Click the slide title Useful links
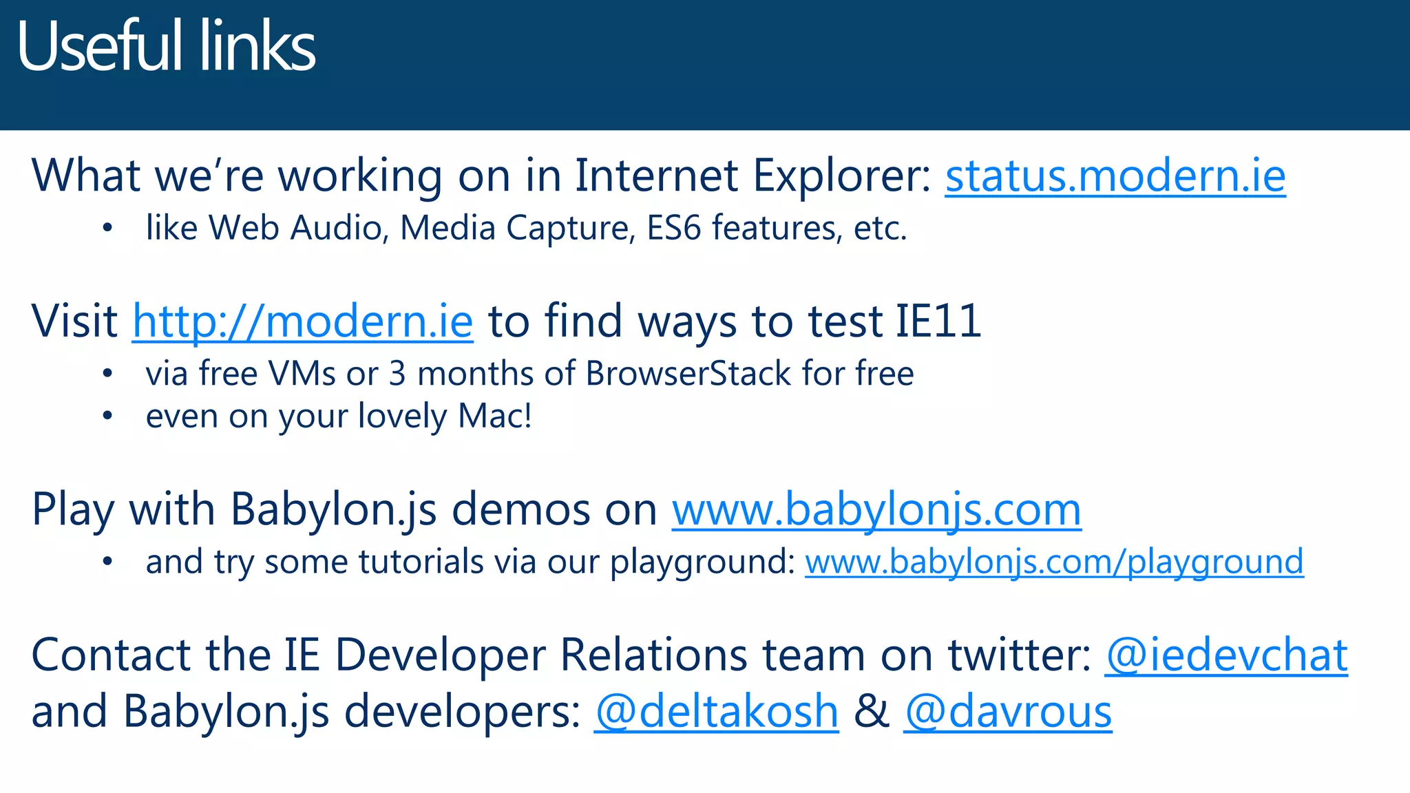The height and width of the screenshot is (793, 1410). click(166, 47)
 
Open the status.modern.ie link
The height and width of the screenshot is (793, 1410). click(1115, 176)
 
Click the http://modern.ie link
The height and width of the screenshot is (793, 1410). click(303, 321)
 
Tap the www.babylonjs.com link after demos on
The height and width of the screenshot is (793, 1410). click(876, 510)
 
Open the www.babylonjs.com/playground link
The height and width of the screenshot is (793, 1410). click(1054, 562)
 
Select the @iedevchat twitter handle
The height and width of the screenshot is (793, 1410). click(1226, 655)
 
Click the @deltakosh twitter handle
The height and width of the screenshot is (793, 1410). click(717, 712)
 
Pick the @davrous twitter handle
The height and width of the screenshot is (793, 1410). click(1008, 712)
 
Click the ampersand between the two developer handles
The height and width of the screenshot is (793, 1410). click(872, 712)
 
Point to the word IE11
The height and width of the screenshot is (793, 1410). click(938, 321)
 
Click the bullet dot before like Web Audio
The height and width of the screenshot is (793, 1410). click(107, 229)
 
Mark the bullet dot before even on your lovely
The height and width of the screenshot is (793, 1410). click(107, 416)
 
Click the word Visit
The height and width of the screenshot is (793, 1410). click(74, 321)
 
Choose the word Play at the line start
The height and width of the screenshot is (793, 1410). click(73, 510)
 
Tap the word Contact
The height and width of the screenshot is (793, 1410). click(111, 655)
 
